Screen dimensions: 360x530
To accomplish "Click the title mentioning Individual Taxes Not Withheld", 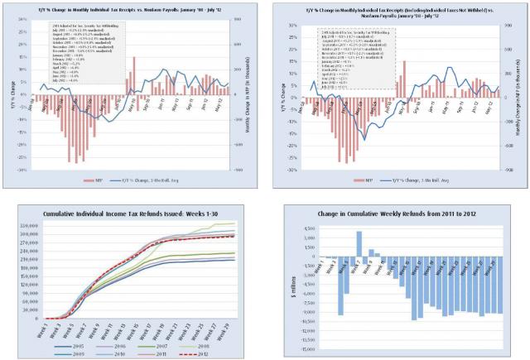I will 401,11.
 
